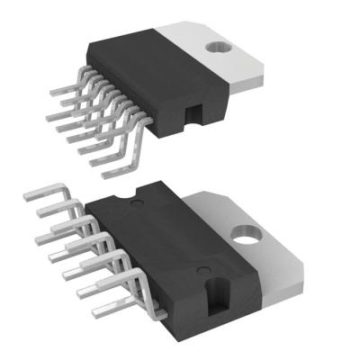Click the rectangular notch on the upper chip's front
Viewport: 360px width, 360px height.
192,112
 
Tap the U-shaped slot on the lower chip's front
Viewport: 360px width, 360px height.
217,296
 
